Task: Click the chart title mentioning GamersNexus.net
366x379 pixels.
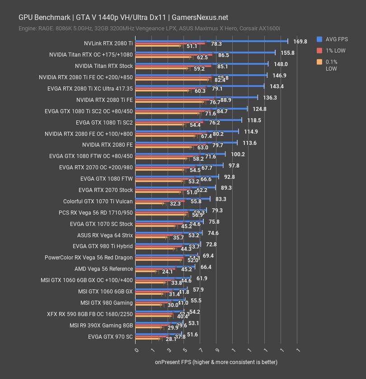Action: [x=123, y=18]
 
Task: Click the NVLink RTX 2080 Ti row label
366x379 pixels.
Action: [x=108, y=43]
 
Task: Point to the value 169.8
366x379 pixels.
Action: [x=300, y=41]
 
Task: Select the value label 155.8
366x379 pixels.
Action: [x=287, y=53]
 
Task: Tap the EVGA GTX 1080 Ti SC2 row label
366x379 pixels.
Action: [x=89, y=111]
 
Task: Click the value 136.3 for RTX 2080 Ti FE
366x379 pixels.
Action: [x=270, y=97]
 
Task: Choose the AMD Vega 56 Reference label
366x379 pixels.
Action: [x=103, y=269]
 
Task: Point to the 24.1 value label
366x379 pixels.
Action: [x=168, y=272]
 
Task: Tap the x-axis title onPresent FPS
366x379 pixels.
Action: [x=216, y=362]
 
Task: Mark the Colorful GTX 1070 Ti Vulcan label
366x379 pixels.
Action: [x=98, y=201]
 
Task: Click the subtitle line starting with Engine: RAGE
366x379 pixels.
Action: [x=150, y=29]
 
